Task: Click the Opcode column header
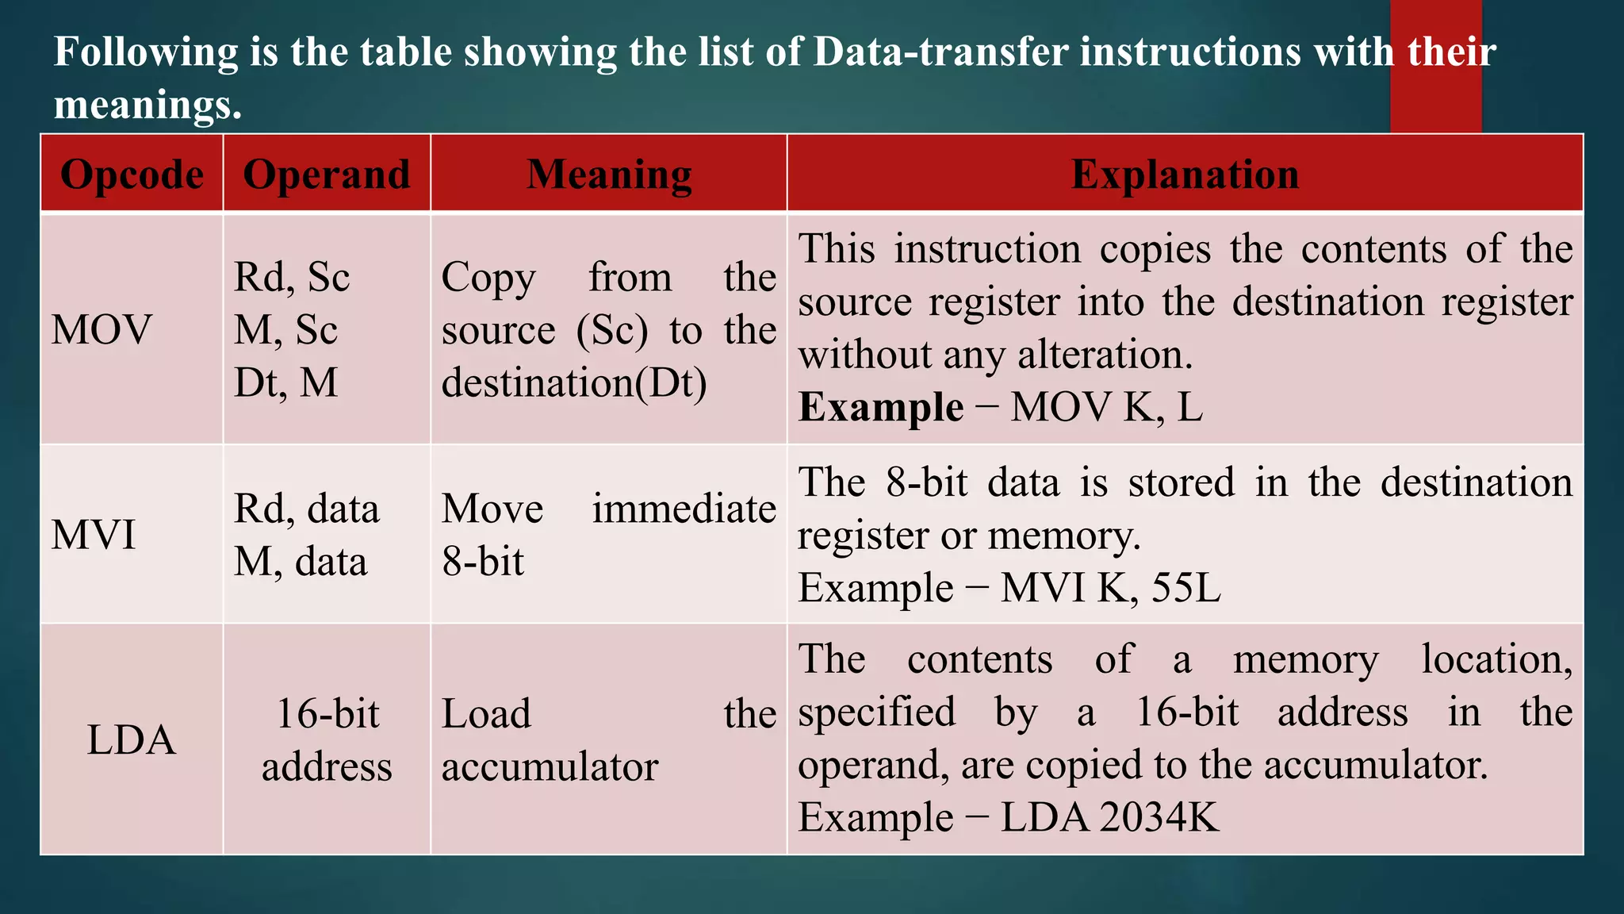click(132, 175)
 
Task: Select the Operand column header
click(327, 175)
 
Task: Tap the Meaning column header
click(609, 175)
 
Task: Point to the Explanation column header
click(1185, 175)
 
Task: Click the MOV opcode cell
click(101, 329)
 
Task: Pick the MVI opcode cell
click(94, 534)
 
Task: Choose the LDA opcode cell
click(131, 739)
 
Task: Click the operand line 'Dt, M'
click(285, 382)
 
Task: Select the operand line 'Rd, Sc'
click(292, 277)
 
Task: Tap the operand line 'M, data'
click(301, 562)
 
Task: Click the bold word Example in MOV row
click(880, 408)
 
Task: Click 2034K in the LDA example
click(1159, 817)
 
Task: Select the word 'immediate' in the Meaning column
click(684, 509)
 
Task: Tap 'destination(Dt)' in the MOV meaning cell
click(574, 383)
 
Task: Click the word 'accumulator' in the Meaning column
click(550, 766)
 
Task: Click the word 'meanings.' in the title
click(147, 104)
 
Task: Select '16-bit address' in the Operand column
click(327, 739)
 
